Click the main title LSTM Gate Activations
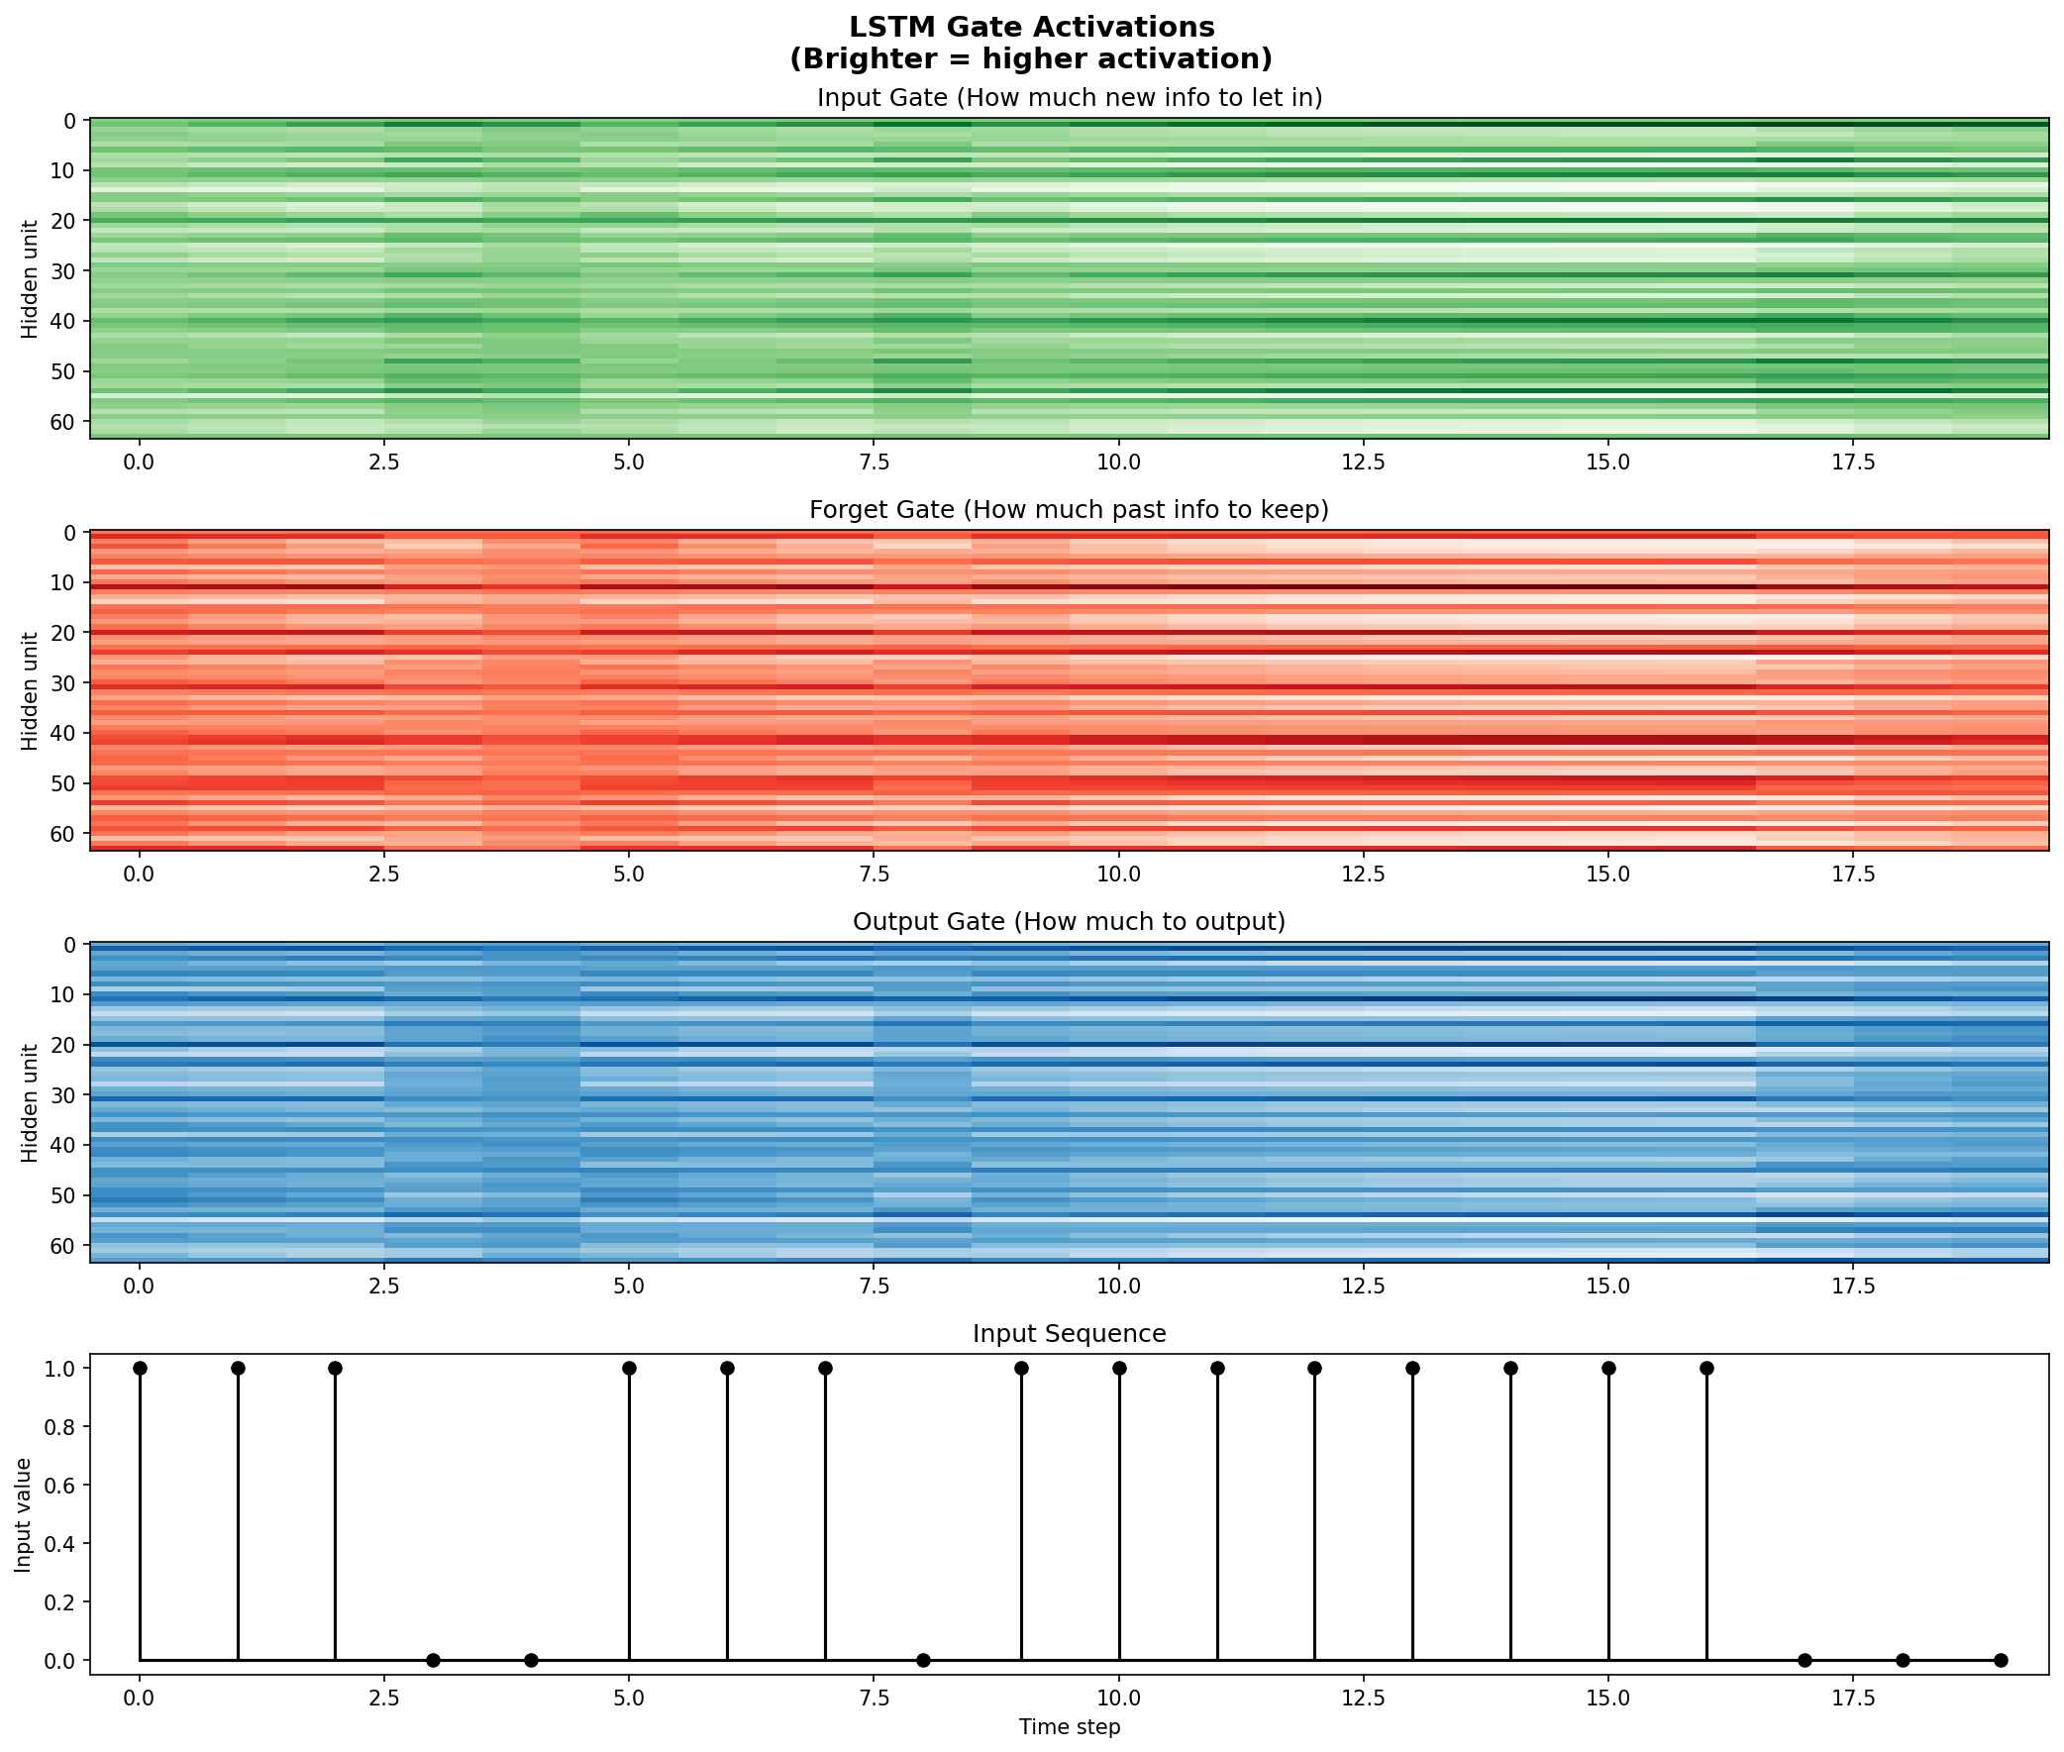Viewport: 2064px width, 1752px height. click(1031, 27)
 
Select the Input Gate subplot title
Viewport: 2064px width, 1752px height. click(1069, 98)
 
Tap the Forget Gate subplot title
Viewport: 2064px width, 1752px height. click(1069, 510)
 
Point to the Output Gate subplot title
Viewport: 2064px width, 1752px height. click(1069, 923)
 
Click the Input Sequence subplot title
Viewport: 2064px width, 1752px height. click(1069, 1334)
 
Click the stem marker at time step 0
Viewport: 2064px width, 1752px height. click(140, 1369)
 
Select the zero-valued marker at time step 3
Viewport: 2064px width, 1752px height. click(433, 1661)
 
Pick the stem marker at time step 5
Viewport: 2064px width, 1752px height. click(629, 1369)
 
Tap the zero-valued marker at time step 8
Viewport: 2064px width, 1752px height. click(923, 1661)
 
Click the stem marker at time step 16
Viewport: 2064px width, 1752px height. click(1706, 1369)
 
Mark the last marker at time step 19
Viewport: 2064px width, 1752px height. click(2001, 1661)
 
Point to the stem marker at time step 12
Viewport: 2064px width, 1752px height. click(1315, 1369)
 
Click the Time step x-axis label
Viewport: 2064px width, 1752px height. click(1069, 1727)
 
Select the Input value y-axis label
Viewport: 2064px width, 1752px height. click(23, 1514)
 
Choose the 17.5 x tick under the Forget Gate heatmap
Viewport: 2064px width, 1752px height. click(1853, 874)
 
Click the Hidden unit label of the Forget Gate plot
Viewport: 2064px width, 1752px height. click(30, 690)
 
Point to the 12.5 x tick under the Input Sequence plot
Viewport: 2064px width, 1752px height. click(1363, 1700)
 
